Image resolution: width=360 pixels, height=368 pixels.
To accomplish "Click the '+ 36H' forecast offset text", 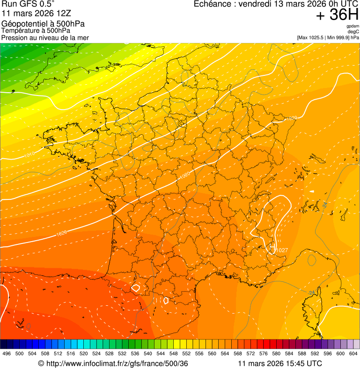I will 337,15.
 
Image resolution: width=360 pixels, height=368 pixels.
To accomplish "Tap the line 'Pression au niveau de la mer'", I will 45,37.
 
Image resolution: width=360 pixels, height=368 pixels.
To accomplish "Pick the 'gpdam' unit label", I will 353,26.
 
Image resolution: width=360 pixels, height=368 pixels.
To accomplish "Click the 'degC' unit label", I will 354,31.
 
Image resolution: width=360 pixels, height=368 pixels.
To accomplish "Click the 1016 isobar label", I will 29,154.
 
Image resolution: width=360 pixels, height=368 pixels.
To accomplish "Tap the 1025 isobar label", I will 61,232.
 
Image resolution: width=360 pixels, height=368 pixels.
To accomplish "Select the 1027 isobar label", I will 282,250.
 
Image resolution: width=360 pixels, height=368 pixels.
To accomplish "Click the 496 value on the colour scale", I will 7,353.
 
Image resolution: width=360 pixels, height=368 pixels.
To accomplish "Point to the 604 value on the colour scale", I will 353,353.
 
